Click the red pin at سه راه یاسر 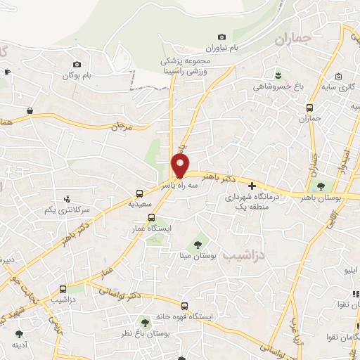point(180,165)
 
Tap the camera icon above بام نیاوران point(222,37)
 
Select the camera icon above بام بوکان point(77,65)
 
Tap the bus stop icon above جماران point(310,108)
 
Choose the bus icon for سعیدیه point(140,192)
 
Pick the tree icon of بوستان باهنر point(321,187)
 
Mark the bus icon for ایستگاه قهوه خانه point(185,306)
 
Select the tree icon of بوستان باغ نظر point(146,321)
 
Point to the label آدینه point(19,346)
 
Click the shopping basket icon point(30,110)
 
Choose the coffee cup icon point(7,72)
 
